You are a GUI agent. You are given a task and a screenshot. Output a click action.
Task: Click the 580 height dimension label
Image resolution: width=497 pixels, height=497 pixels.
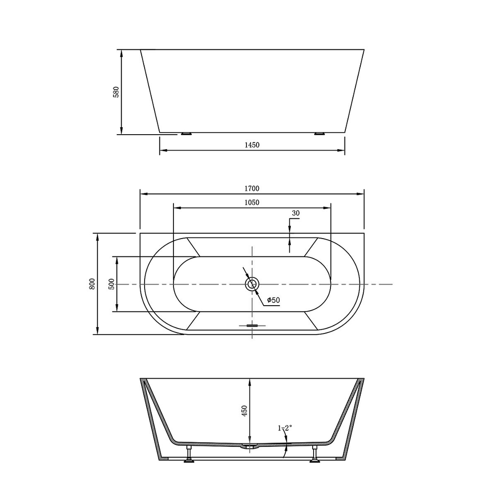coord(116,92)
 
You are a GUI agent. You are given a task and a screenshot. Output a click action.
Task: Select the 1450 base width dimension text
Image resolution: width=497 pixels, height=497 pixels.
coord(252,145)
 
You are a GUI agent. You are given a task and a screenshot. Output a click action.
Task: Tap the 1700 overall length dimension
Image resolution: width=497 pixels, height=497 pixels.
coord(252,188)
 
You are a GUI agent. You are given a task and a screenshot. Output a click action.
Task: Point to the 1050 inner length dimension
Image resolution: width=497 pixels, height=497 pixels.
coord(252,202)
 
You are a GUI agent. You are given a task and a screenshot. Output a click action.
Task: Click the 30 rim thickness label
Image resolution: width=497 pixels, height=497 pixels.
coord(296,213)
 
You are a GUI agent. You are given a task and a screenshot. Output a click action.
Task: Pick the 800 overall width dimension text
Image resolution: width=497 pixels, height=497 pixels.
coord(92,284)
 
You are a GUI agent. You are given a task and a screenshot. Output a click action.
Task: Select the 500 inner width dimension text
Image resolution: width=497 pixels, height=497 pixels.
coord(112,284)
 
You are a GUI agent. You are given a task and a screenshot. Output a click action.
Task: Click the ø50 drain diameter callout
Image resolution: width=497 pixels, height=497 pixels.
coord(274,300)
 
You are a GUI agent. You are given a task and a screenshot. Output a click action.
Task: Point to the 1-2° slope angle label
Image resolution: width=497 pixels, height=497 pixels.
coord(285,427)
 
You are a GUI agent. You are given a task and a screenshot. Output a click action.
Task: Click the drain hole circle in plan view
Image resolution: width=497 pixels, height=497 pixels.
coord(252,284)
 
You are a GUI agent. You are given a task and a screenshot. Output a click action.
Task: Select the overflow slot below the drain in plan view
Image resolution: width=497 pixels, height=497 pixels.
coord(252,326)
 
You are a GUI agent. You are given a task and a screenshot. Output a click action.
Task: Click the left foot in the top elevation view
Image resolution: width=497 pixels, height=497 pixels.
coord(186,134)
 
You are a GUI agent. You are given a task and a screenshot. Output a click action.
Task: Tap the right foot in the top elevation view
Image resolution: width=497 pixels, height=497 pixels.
coord(319,134)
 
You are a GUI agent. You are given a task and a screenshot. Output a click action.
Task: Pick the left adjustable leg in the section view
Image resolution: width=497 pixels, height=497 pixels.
coord(189,454)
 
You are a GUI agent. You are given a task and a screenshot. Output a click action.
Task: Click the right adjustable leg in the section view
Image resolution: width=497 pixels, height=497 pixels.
coord(315,454)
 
